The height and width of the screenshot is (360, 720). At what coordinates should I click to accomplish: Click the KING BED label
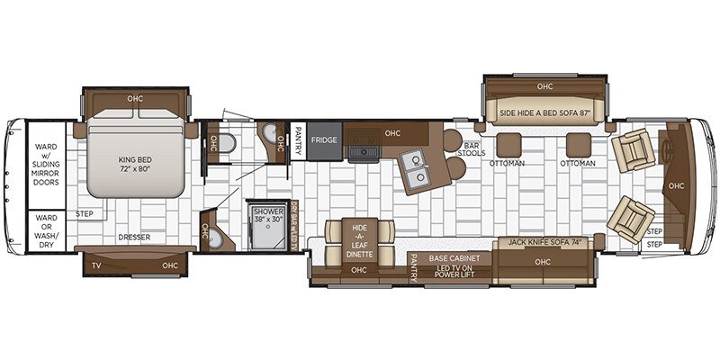click(135, 164)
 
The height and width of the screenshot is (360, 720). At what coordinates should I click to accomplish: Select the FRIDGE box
click(325, 141)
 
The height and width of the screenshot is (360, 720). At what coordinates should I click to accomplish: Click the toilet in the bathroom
click(227, 143)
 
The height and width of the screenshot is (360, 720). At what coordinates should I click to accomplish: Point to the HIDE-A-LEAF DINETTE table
click(359, 242)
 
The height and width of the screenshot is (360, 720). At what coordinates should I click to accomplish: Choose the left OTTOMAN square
click(508, 145)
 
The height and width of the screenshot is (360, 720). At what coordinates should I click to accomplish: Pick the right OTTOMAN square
click(578, 145)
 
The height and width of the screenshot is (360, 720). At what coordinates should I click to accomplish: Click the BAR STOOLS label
click(472, 148)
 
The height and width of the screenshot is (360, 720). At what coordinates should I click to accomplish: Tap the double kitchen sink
click(418, 169)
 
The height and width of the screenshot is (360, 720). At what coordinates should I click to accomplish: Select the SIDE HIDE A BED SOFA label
click(545, 112)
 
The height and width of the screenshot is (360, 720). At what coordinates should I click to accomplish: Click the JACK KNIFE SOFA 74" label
click(543, 241)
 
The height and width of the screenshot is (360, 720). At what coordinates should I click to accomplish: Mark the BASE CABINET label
click(454, 258)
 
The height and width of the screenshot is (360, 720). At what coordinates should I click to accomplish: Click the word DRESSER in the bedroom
click(134, 238)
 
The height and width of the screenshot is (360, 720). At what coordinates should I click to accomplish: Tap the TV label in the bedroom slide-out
click(97, 265)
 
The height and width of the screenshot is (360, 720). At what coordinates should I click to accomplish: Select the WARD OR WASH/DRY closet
click(47, 231)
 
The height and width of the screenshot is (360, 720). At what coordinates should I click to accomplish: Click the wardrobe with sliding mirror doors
click(47, 165)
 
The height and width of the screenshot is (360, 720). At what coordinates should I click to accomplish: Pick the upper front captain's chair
click(634, 150)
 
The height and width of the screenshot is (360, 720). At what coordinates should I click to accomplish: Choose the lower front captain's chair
click(631, 220)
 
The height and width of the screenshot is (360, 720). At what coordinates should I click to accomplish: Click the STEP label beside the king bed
click(85, 214)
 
